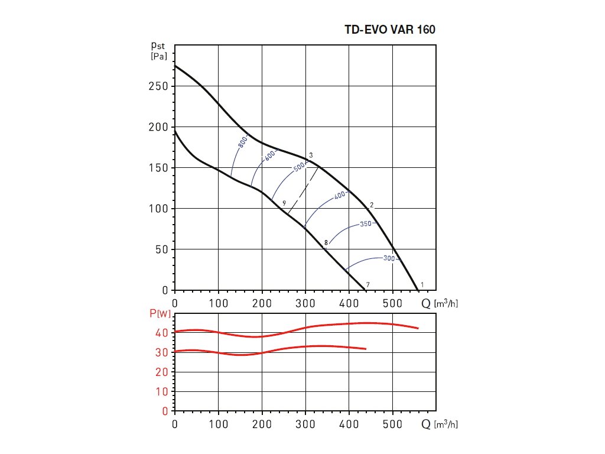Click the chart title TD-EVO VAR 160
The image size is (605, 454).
[x=390, y=30]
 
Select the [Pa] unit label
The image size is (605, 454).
[x=158, y=56]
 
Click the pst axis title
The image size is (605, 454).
[x=158, y=45]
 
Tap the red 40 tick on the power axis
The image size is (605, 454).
[x=162, y=333]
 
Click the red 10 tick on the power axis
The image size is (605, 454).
[x=162, y=391]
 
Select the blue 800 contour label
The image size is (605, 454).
[x=242, y=142]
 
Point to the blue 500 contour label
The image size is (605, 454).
[x=300, y=166]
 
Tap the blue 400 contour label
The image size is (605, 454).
[x=339, y=196]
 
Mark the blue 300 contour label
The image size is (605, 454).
[x=388, y=258]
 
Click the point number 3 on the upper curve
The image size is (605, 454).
[x=311, y=155]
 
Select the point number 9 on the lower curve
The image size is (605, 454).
[x=284, y=203]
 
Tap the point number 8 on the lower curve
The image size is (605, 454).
[x=326, y=242]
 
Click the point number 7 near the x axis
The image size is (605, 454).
[x=367, y=285]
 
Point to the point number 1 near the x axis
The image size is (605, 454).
[x=421, y=285]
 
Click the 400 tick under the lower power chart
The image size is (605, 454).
[x=349, y=424]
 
